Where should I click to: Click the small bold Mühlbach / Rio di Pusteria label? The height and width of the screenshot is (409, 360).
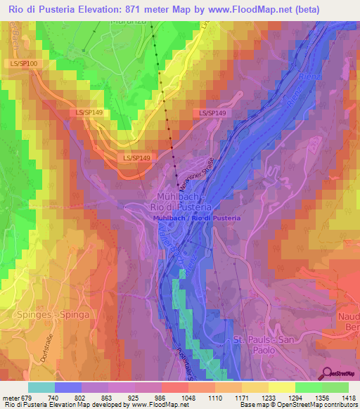pos(196,218)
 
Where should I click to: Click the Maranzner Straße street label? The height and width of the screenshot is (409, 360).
pos(197,174)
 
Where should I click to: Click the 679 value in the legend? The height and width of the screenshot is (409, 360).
pos(27,397)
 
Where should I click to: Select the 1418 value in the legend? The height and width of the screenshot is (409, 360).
pos(347,397)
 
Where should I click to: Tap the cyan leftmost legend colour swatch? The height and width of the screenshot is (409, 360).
pos(41,387)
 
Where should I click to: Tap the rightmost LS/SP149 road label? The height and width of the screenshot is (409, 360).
pos(212,112)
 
